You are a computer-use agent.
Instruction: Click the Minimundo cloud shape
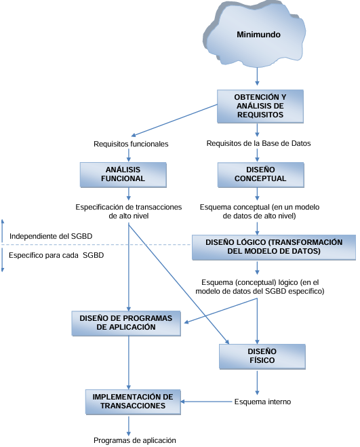pos(254,34)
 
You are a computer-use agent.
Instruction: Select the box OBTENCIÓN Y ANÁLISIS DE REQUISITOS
pos(260,106)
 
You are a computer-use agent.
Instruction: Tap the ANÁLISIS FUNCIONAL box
pos(123,175)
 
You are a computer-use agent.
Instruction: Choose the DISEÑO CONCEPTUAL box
pos(261,175)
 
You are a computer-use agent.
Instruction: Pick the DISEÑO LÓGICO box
pos(274,247)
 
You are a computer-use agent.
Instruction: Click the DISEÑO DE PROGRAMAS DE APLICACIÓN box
pos(126,324)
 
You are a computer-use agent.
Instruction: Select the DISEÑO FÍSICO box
pos(262,356)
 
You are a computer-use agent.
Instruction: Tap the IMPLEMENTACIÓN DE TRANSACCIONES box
pos(133,402)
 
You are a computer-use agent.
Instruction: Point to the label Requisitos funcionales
pos(131,144)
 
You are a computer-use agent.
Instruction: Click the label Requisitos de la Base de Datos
pos(258,143)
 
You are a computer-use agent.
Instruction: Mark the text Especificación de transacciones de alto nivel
pos(129,211)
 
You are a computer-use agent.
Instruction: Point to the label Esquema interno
pos(262,402)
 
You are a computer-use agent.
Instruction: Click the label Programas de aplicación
pos(134,440)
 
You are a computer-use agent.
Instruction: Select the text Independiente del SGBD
pos(51,236)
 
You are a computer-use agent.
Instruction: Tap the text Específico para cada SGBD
pos(56,255)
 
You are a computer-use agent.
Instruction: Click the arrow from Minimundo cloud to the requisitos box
pos(257,77)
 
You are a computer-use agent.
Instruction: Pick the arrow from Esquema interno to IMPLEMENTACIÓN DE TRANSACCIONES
pos(206,402)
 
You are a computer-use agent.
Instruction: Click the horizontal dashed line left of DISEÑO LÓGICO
pos(96,245)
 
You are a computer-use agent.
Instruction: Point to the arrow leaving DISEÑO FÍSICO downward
pos(257,383)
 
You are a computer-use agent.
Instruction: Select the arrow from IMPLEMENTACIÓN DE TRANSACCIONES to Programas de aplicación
pos(129,425)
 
